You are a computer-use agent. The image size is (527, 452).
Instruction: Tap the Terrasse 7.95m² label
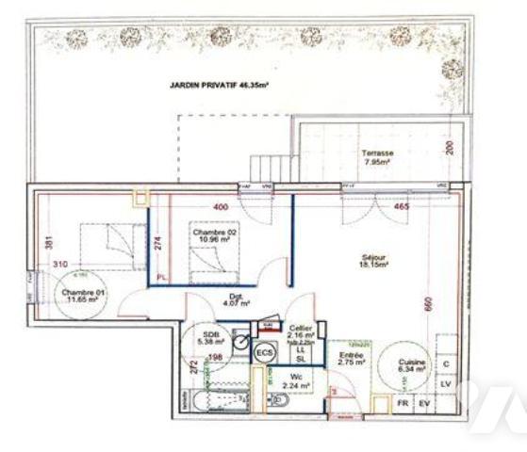[x=376, y=157]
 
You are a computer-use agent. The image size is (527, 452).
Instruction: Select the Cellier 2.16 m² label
[x=301, y=331]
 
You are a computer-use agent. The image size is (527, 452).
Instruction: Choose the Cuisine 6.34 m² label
[x=414, y=366]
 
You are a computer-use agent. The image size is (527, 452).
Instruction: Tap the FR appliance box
[x=403, y=403]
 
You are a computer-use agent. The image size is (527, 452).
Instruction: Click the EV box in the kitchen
[x=424, y=403]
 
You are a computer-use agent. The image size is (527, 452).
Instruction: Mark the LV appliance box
[x=447, y=384]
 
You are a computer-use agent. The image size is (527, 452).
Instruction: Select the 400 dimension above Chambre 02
[x=221, y=205]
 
